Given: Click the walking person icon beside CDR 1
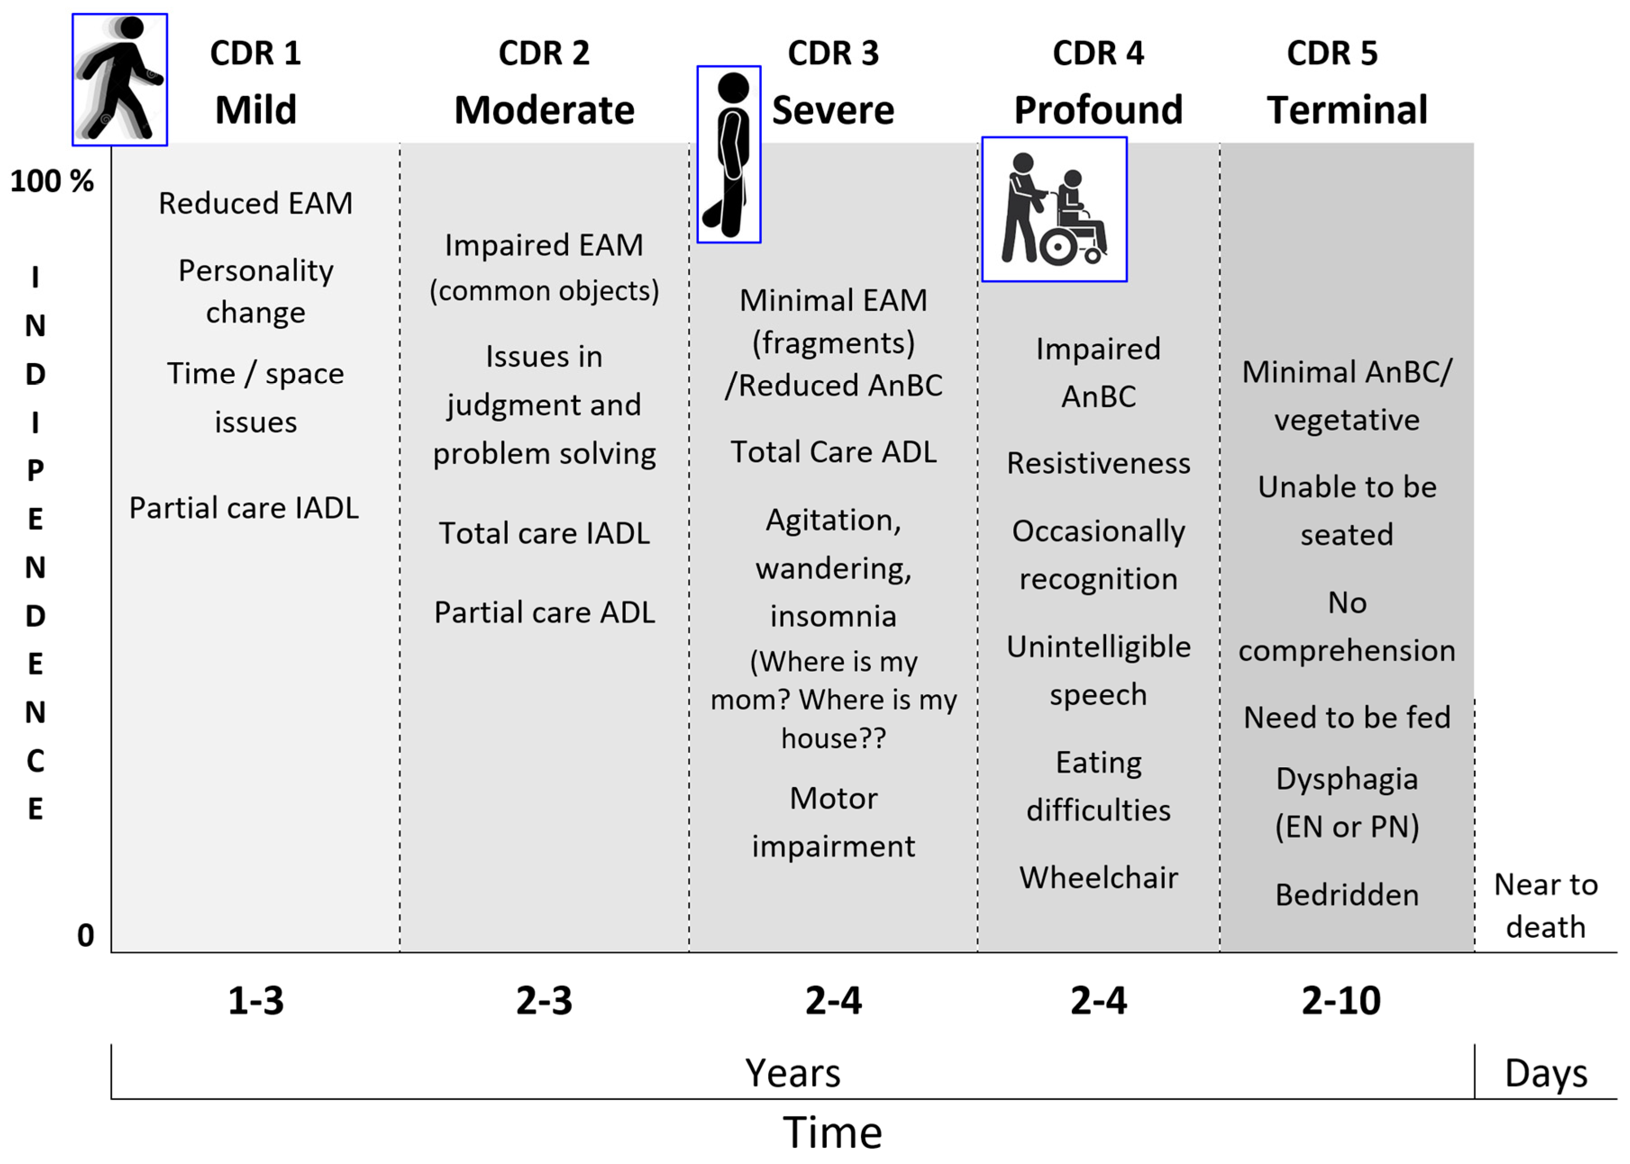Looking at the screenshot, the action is pos(120,80).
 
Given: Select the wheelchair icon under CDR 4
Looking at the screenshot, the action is pos(1054,209).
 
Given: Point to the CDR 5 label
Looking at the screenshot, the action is pos(1332,53).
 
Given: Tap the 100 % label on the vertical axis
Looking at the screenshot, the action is pos(52,181).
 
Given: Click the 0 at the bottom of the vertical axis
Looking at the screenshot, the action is pos(85,935).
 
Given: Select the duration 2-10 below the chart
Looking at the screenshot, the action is pos(1340,1000).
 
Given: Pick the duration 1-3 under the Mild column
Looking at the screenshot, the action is pos(256,1000).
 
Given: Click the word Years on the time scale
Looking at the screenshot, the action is pos(793,1073).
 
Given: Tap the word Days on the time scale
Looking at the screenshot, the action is pos(1546,1073).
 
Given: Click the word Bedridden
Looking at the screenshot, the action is pos(1347,895).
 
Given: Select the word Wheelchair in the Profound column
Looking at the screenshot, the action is pos(1098,878).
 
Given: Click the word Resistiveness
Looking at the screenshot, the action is pos(1098,463).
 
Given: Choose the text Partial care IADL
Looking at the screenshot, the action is pos(244,508).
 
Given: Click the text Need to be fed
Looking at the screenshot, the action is pos(1347,717).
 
